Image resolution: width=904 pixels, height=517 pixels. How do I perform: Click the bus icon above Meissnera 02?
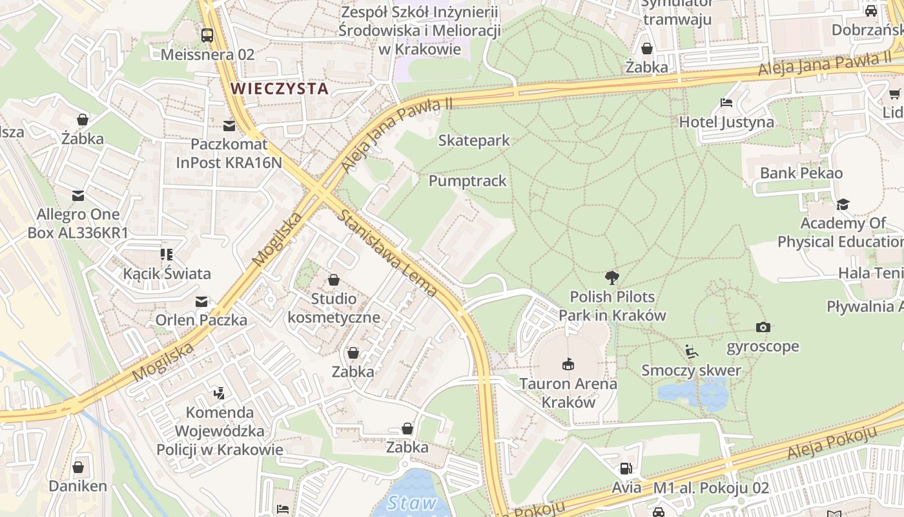pos(207,36)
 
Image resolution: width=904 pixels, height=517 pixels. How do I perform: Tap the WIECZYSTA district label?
pos(280,88)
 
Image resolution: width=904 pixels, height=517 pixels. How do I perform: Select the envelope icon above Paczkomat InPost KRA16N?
pos(229,125)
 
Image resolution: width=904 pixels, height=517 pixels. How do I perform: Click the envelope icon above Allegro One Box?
pos(78,195)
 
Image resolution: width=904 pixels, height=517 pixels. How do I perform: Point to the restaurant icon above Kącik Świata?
pos(167,255)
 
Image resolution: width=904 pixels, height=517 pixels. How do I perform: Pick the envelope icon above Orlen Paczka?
pos(201,301)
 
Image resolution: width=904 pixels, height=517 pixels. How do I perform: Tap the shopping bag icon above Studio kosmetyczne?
pos(333,280)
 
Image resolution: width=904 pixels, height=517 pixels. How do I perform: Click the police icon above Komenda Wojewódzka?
pos(220,393)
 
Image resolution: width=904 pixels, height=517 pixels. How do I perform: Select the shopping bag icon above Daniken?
pos(78,467)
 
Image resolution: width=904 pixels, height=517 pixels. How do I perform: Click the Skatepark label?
pos(474,140)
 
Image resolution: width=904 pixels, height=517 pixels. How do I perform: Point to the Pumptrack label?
pos(467,181)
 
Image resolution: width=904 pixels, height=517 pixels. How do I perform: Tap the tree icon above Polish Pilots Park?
pos(611,278)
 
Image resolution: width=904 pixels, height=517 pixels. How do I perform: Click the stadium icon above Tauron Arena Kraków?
pos(568,364)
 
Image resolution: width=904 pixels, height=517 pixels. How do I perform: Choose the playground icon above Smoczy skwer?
pos(691,352)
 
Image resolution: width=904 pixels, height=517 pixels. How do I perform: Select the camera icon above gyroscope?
pos(763,328)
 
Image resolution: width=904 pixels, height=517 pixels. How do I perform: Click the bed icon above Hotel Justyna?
pos(726,103)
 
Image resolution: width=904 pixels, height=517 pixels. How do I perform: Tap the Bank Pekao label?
pos(801,173)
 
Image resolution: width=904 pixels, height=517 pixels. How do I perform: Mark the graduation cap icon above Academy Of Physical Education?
pos(843,205)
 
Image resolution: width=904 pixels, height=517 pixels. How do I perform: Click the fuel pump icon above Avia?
pos(626,469)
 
